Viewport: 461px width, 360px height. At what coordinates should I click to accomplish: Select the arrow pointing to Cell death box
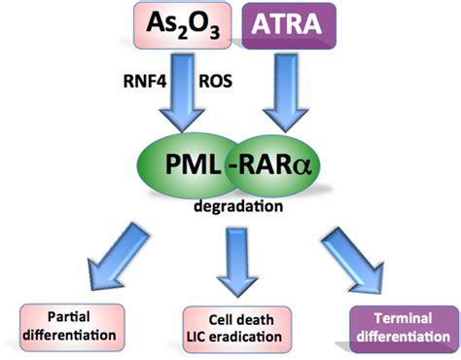pos(236,261)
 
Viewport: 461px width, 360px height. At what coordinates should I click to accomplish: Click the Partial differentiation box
pos(73,326)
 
